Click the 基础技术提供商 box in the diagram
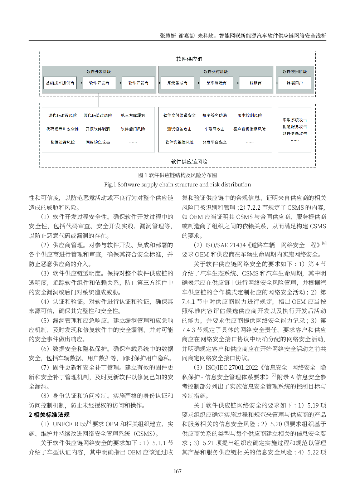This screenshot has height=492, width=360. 60,83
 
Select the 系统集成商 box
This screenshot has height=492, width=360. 177,83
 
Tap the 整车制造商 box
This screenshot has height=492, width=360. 217,83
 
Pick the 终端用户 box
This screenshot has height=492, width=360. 295,83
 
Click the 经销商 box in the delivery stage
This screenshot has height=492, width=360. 256,83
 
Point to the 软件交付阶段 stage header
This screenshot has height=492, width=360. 216,72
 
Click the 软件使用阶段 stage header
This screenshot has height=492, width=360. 295,72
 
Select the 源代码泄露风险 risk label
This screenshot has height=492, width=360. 63,116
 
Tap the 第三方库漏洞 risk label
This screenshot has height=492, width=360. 133,116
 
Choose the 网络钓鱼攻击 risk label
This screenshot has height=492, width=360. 98,142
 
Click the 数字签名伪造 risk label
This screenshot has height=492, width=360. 214,116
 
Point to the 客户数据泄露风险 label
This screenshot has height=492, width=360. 249,129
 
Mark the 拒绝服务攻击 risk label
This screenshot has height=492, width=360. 295,127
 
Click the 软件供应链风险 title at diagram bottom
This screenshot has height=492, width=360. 189,162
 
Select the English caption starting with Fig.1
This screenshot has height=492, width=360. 177,185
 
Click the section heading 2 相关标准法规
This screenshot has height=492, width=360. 49,415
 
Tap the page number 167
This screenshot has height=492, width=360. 177,471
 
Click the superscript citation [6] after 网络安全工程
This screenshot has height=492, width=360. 324,243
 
